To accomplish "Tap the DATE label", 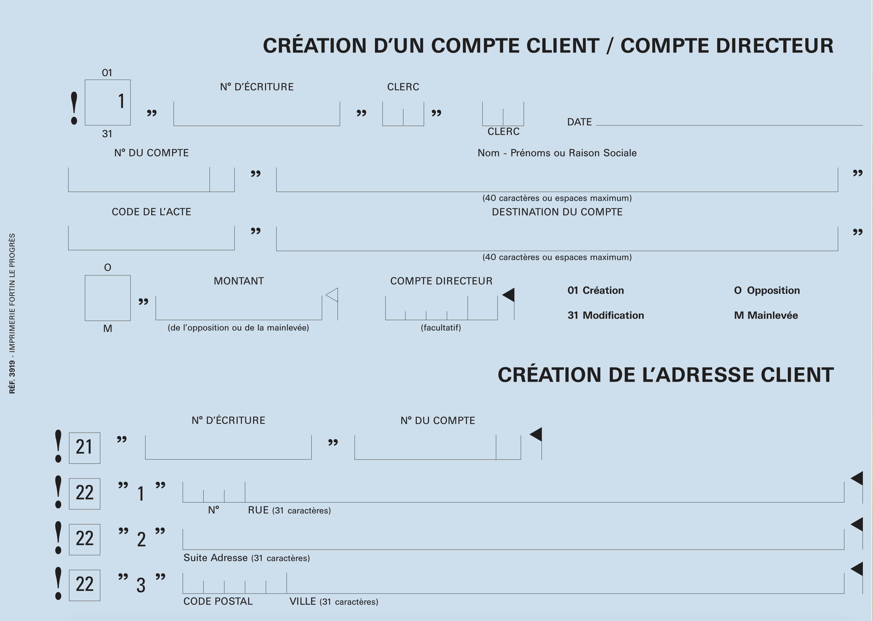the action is pos(579,122).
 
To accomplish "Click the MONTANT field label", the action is pos(239,281).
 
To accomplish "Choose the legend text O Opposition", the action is pos(767,290).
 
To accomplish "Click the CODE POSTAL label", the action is pos(218,601).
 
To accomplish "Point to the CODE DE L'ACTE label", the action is pos(151,212).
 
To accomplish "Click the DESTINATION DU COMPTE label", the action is pos(557,212).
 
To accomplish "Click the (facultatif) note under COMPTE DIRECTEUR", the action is pos(441,328).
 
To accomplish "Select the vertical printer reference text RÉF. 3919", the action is pos(12,377).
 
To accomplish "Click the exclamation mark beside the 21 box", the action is pos(58,446).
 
